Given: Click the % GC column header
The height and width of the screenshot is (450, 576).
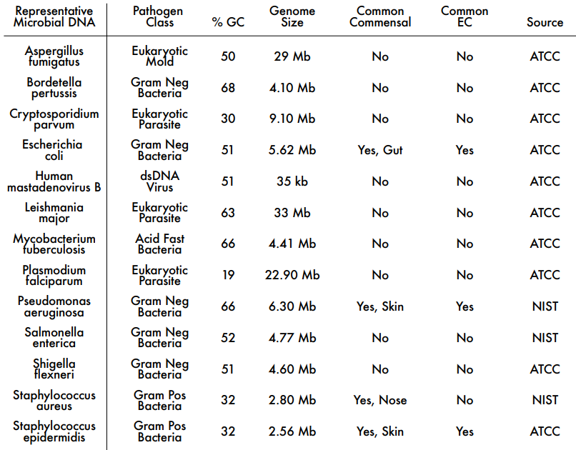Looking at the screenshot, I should tap(227, 22).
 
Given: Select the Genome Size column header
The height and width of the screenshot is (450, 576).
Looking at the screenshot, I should tap(292, 16).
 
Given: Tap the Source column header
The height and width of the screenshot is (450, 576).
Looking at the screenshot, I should tap(545, 22).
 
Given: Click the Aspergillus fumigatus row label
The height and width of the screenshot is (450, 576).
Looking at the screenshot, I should tap(54, 56).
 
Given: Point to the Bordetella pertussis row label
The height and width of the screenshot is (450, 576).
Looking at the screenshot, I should tap(54, 88).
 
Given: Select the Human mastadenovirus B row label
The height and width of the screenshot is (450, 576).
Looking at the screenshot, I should tap(54, 181).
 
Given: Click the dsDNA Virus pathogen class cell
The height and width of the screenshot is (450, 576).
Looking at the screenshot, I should tap(159, 181).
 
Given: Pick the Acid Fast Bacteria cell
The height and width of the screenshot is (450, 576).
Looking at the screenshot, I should tap(159, 244).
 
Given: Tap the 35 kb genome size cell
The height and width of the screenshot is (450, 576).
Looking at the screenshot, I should tap(292, 181).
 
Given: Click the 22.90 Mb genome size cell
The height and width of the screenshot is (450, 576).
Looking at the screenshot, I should tap(292, 275).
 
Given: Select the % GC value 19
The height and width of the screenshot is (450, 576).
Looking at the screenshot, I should tap(228, 275).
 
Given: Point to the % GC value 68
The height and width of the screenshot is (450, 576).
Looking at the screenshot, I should tap(228, 88).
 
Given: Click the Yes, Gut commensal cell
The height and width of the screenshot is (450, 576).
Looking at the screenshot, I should tap(380, 150).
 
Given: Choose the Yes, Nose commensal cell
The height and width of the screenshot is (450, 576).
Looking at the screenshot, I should tap(380, 400).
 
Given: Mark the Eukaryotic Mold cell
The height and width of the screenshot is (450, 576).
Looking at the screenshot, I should tap(159, 56).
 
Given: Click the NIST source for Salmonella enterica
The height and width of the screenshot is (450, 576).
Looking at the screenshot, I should tap(545, 338).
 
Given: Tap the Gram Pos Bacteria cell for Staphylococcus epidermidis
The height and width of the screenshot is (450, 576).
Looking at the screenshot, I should tap(159, 431).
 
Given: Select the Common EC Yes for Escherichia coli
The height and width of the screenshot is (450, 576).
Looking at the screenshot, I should tap(465, 150).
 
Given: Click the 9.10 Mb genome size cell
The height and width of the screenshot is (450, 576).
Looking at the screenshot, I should tap(292, 119).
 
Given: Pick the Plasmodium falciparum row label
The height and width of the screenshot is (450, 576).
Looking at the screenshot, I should tap(54, 275).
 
